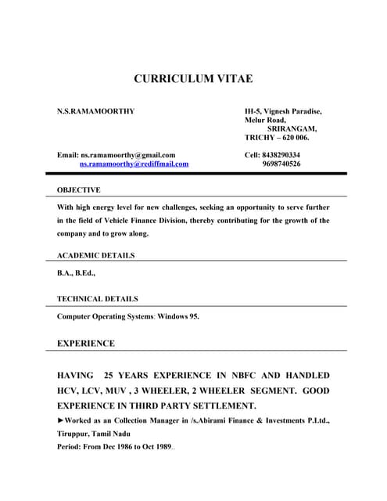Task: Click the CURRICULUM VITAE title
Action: pyautogui.click(x=193, y=79)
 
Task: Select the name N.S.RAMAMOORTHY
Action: pyautogui.click(x=96, y=111)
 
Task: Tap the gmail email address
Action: pyautogui.click(x=128, y=155)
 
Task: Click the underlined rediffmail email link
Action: pyautogui.click(x=134, y=164)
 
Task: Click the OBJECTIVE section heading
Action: pyautogui.click(x=79, y=190)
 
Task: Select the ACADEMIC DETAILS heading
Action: pyautogui.click(x=96, y=255)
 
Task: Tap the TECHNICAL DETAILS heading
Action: pyautogui.click(x=98, y=299)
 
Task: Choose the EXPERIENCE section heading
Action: pyautogui.click(x=86, y=344)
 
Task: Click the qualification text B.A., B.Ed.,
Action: pyautogui.click(x=77, y=273)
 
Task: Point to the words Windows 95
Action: pyautogui.click(x=179, y=317)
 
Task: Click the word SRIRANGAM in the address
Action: pyautogui.click(x=292, y=128)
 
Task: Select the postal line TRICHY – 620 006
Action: pyautogui.click(x=277, y=138)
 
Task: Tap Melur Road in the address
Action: pyautogui.click(x=265, y=120)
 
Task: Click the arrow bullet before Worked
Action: pyautogui.click(x=61, y=421)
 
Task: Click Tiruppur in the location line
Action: pyautogui.click(x=74, y=434)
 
